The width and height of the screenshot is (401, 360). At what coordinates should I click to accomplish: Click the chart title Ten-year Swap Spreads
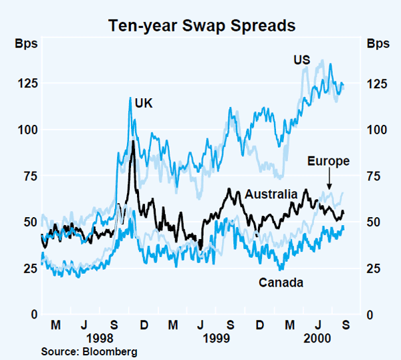(200, 26)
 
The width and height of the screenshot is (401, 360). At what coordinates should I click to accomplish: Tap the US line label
(301, 60)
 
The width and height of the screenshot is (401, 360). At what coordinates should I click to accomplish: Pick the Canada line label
(281, 283)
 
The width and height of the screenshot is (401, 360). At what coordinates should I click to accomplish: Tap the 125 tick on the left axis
(25, 83)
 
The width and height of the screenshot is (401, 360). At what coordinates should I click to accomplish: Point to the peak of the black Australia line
(134, 142)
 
